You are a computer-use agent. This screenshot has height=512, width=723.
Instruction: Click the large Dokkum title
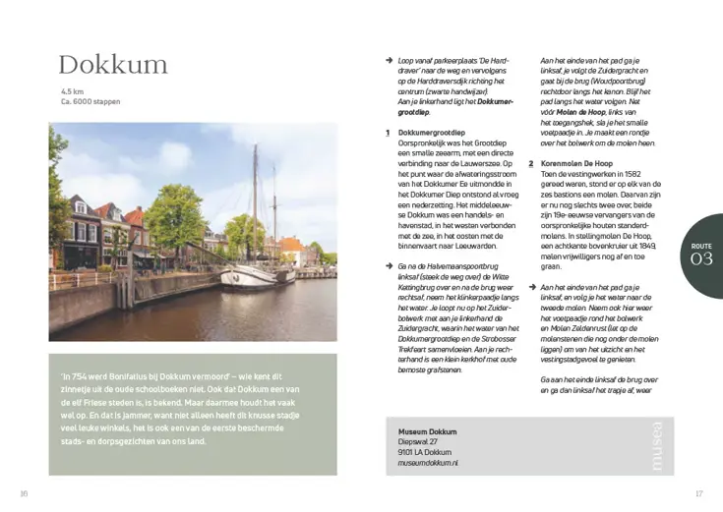tap(113, 66)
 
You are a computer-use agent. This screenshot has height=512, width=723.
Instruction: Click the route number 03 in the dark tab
tap(701, 259)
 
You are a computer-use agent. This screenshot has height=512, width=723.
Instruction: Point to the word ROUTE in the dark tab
tap(701, 245)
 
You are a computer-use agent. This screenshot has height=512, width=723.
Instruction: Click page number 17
tap(699, 493)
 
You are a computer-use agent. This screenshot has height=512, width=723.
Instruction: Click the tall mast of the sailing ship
tap(254, 197)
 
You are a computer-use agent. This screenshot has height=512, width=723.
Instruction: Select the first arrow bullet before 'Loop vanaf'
tap(390, 61)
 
